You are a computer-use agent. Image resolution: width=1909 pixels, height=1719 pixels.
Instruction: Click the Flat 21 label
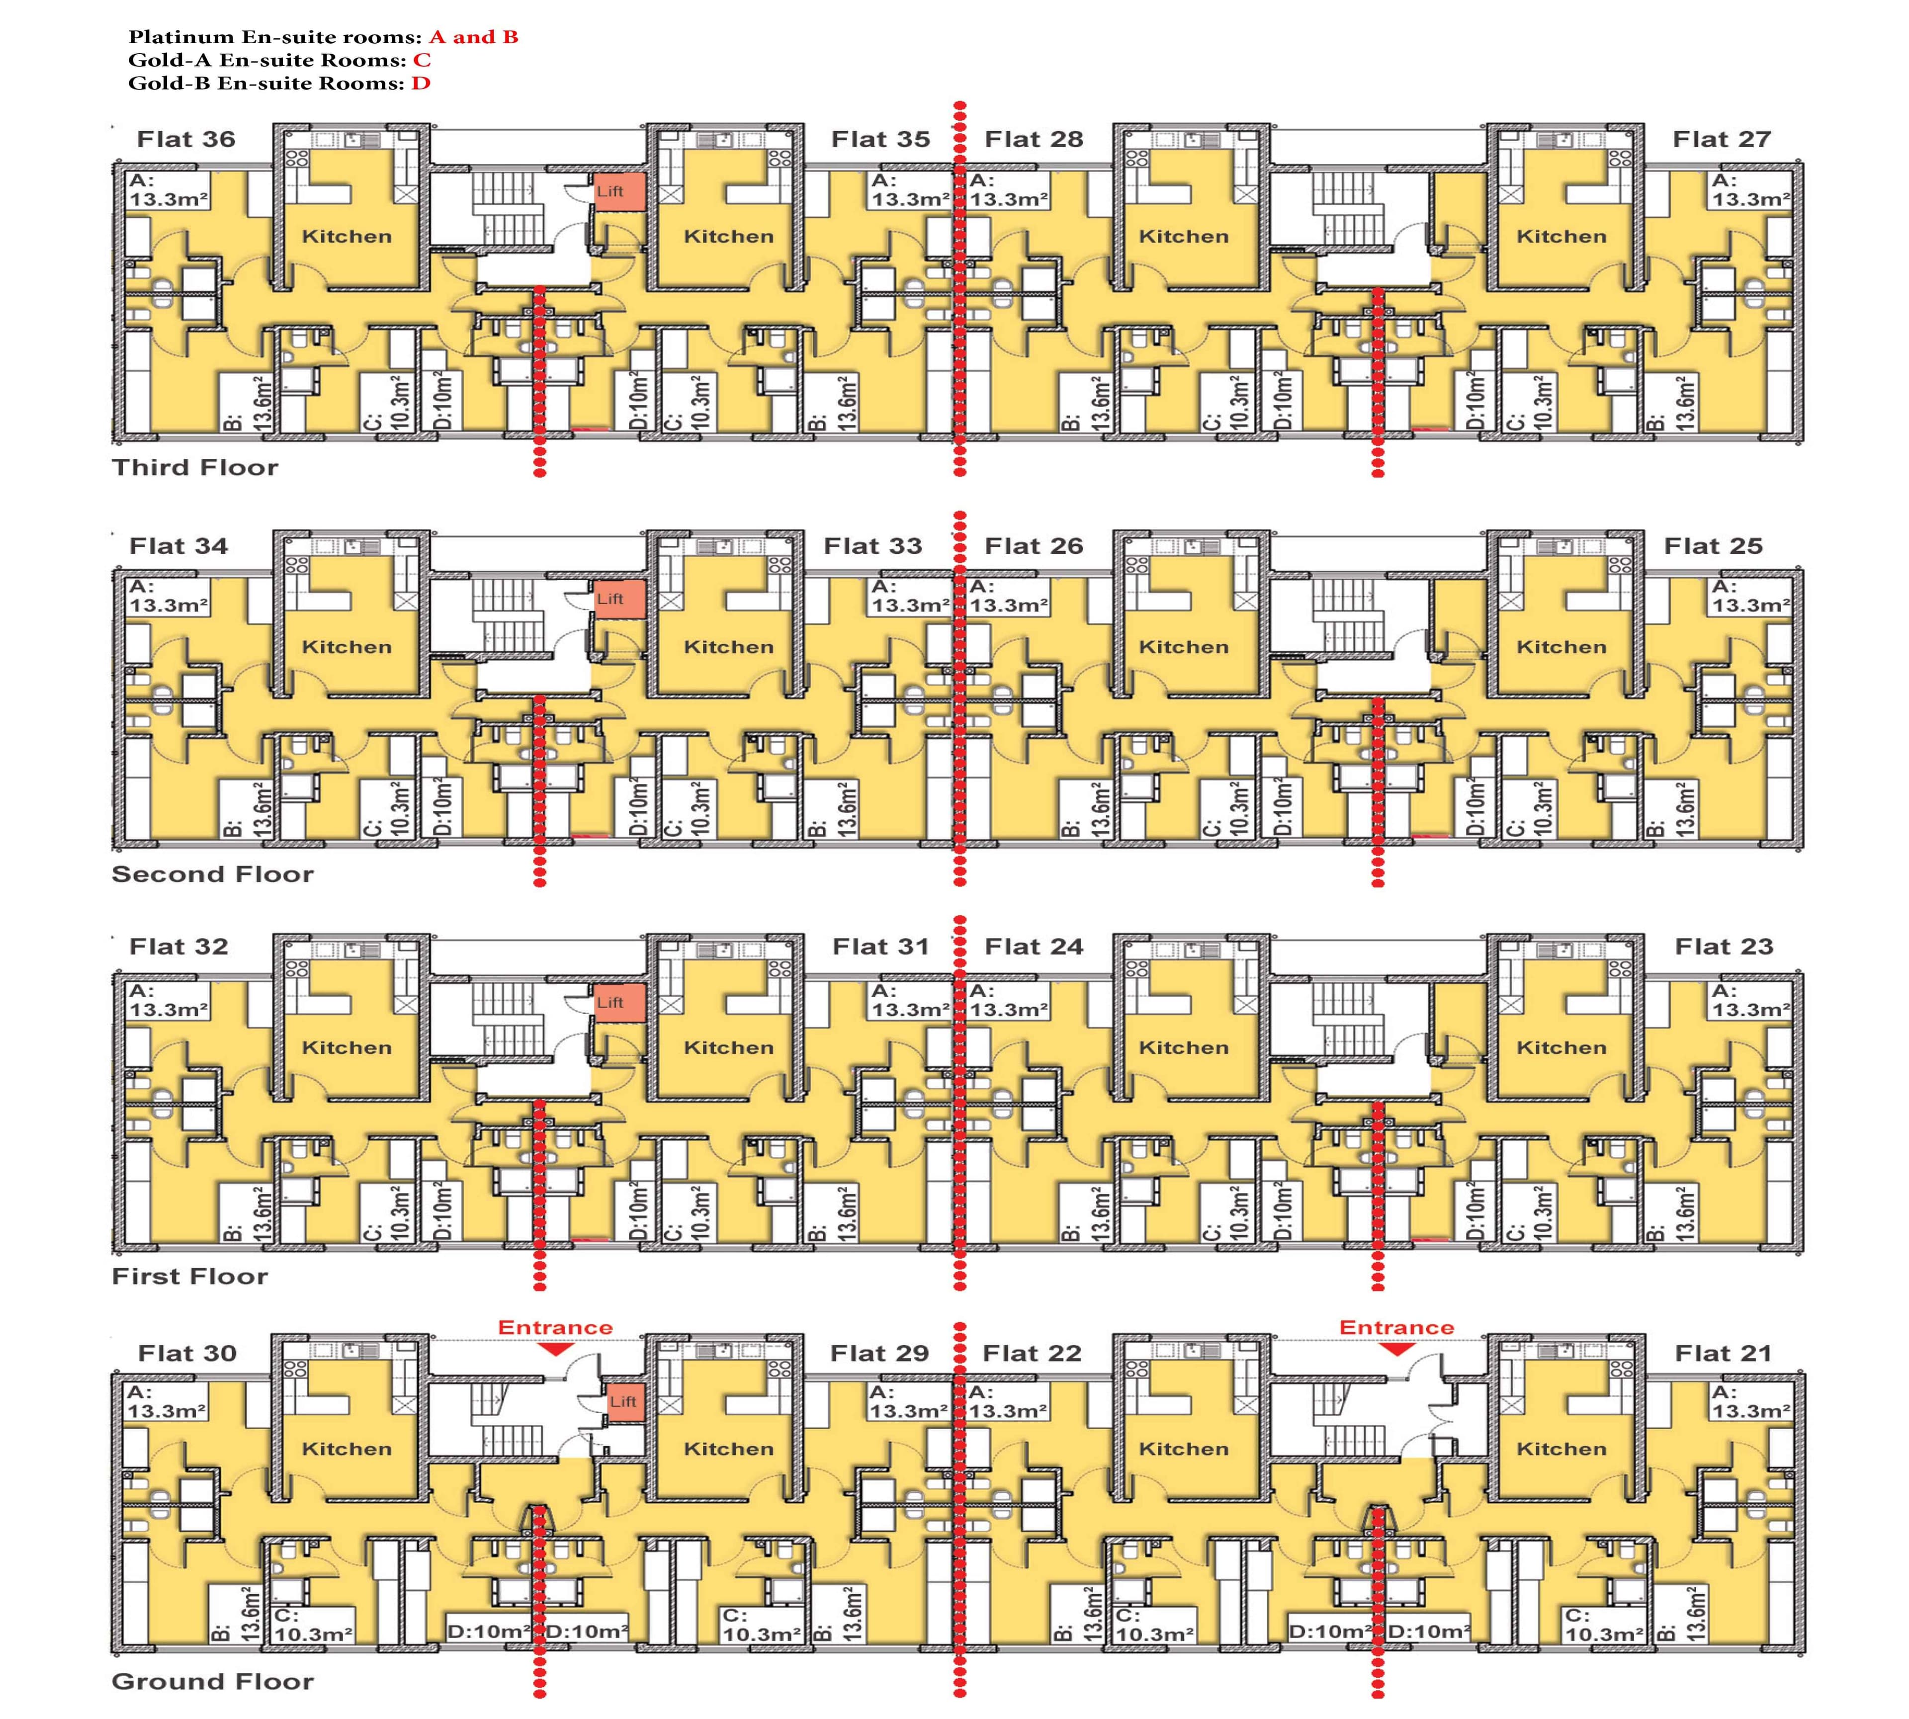pos(1723,1353)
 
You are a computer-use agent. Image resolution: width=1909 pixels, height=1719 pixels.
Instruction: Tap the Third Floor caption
pos(194,467)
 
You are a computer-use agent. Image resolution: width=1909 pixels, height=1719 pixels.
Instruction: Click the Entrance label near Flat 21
pos(1396,1327)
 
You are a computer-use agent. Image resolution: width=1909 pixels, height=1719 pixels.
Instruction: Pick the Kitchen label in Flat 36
pos(347,236)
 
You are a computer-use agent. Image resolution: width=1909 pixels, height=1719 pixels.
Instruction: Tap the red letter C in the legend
pos(421,61)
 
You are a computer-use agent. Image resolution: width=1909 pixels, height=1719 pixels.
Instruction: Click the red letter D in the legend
pos(421,83)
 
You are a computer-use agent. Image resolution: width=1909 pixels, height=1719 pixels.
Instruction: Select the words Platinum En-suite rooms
pos(274,38)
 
